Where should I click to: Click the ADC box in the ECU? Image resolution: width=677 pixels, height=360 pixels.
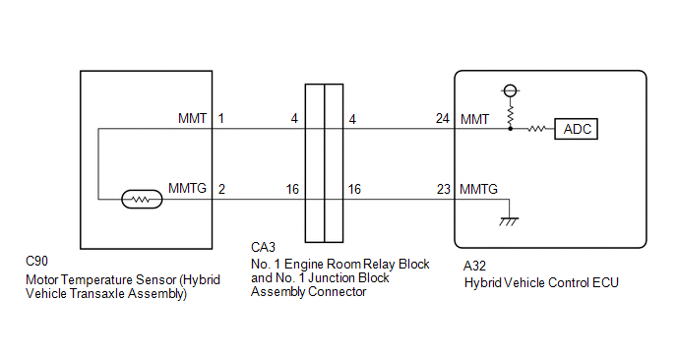coord(576,129)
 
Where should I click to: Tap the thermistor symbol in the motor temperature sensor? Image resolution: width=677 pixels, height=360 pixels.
coord(142,200)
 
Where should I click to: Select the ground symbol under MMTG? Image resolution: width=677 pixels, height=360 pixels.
coord(509,221)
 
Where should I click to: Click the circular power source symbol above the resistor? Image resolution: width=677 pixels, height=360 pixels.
coord(511,90)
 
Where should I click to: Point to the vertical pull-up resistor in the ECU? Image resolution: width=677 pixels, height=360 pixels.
coord(511,115)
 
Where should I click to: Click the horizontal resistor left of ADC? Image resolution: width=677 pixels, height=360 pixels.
coord(536,129)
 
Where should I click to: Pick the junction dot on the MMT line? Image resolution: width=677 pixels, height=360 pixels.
coord(511,129)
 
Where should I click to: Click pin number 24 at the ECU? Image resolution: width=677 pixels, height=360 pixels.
coord(443,118)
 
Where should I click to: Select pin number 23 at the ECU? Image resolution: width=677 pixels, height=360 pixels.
coord(444,189)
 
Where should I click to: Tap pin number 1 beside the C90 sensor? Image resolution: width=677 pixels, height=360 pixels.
coord(221,118)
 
